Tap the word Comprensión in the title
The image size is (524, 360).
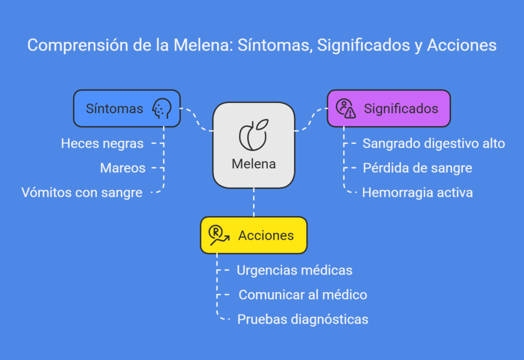78,46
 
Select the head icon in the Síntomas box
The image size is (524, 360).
162,108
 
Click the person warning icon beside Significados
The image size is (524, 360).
346,108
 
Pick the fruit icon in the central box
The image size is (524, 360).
254,135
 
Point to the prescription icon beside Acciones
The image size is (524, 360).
219,235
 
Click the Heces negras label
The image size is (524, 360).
102,144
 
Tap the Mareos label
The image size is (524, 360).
123,168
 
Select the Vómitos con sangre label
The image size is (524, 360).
82,193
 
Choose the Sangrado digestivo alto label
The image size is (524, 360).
434,144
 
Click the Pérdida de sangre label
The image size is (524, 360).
418,168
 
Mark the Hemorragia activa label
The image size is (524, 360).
418,193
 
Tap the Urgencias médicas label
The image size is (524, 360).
294,271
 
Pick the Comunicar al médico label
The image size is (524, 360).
303,295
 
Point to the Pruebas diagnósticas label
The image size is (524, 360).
303,320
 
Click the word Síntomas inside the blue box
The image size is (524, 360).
114,109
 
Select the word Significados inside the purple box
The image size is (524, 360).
401,109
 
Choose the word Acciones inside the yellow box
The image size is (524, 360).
266,236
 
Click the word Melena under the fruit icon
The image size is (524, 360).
254,164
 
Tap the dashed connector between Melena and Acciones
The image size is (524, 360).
254,202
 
